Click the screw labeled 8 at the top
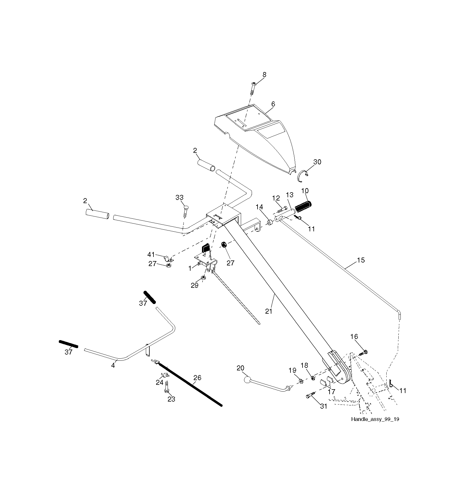253,89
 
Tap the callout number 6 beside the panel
273,104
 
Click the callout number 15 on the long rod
361,260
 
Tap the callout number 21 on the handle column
269,311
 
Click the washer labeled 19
301,381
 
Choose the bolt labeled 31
312,395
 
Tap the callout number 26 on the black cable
197,377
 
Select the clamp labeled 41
168,258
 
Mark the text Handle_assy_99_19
375,419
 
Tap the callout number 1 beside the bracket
190,268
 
